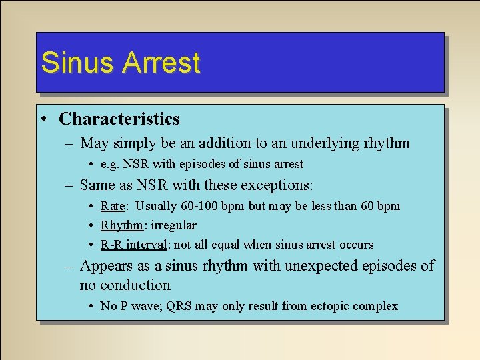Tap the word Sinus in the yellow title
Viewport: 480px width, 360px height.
point(78,63)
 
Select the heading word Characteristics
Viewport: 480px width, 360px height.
point(119,119)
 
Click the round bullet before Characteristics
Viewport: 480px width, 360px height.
point(42,119)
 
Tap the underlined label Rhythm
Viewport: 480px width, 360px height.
point(122,225)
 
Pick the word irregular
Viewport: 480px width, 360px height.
point(172,225)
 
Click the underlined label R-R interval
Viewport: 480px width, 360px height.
point(133,245)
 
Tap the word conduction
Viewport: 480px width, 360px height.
point(135,285)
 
